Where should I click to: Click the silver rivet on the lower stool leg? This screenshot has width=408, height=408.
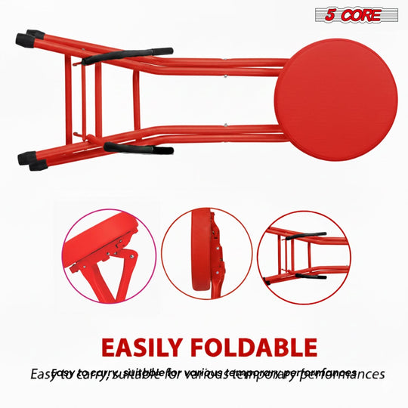[227, 124]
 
